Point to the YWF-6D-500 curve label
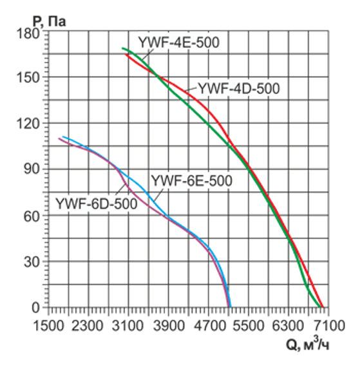click(96, 204)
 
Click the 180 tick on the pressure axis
click(32, 32)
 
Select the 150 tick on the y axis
click(32, 77)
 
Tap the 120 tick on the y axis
click(32, 124)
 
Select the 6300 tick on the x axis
click(288, 325)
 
